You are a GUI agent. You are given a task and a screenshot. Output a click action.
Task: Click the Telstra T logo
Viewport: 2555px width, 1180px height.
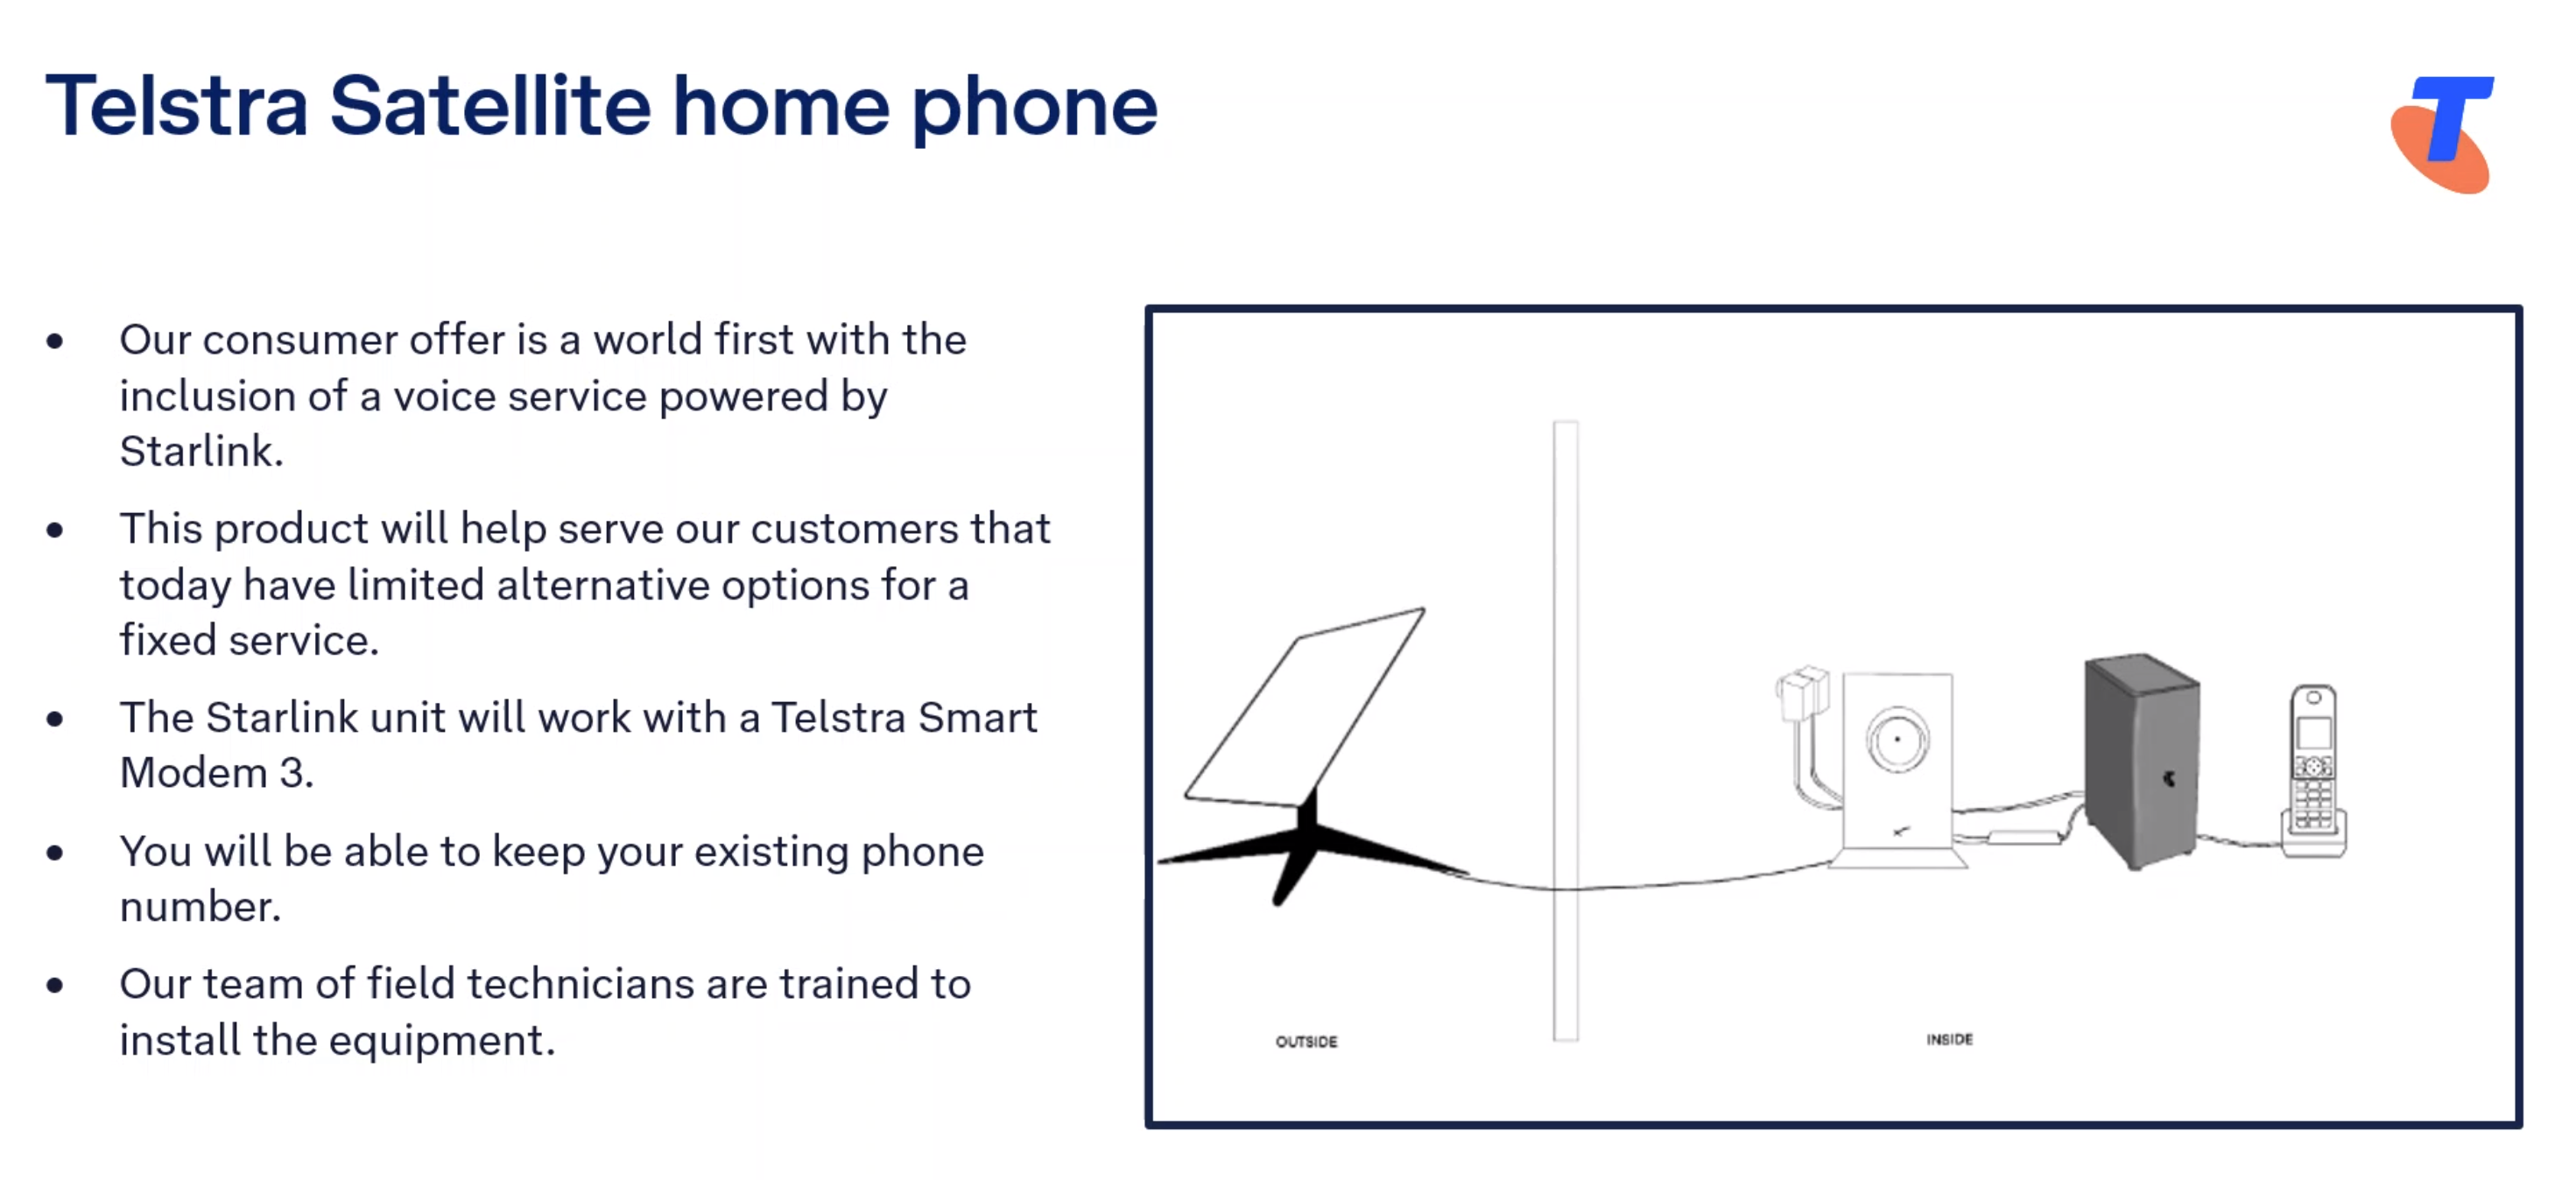(x=2444, y=134)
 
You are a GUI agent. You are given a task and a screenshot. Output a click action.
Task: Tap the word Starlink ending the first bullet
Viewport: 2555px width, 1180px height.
(x=201, y=451)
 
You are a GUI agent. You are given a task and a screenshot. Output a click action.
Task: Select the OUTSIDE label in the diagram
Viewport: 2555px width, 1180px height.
(x=1306, y=1041)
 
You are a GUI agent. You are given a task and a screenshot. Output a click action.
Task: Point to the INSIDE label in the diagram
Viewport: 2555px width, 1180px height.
(x=1949, y=1039)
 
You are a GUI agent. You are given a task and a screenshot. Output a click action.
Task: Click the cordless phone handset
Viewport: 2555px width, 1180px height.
(x=2313, y=769)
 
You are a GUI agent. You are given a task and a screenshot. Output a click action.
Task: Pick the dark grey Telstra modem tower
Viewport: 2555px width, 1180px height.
(x=2142, y=760)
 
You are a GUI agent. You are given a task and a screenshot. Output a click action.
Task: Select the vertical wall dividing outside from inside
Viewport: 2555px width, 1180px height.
(x=1566, y=731)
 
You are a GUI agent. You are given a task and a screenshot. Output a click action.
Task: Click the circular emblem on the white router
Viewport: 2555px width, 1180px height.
(x=1897, y=739)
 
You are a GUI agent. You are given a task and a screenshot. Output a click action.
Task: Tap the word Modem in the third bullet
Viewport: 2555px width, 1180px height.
(x=194, y=772)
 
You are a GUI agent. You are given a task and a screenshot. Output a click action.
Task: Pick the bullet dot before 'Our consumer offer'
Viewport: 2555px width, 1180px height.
(x=54, y=341)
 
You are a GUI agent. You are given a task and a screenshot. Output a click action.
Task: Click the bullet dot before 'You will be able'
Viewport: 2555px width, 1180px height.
(x=54, y=853)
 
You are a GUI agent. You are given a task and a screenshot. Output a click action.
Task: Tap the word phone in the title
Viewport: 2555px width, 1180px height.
(x=1034, y=110)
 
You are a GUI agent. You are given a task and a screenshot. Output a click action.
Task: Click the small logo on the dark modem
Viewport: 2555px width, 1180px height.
(x=2169, y=778)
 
